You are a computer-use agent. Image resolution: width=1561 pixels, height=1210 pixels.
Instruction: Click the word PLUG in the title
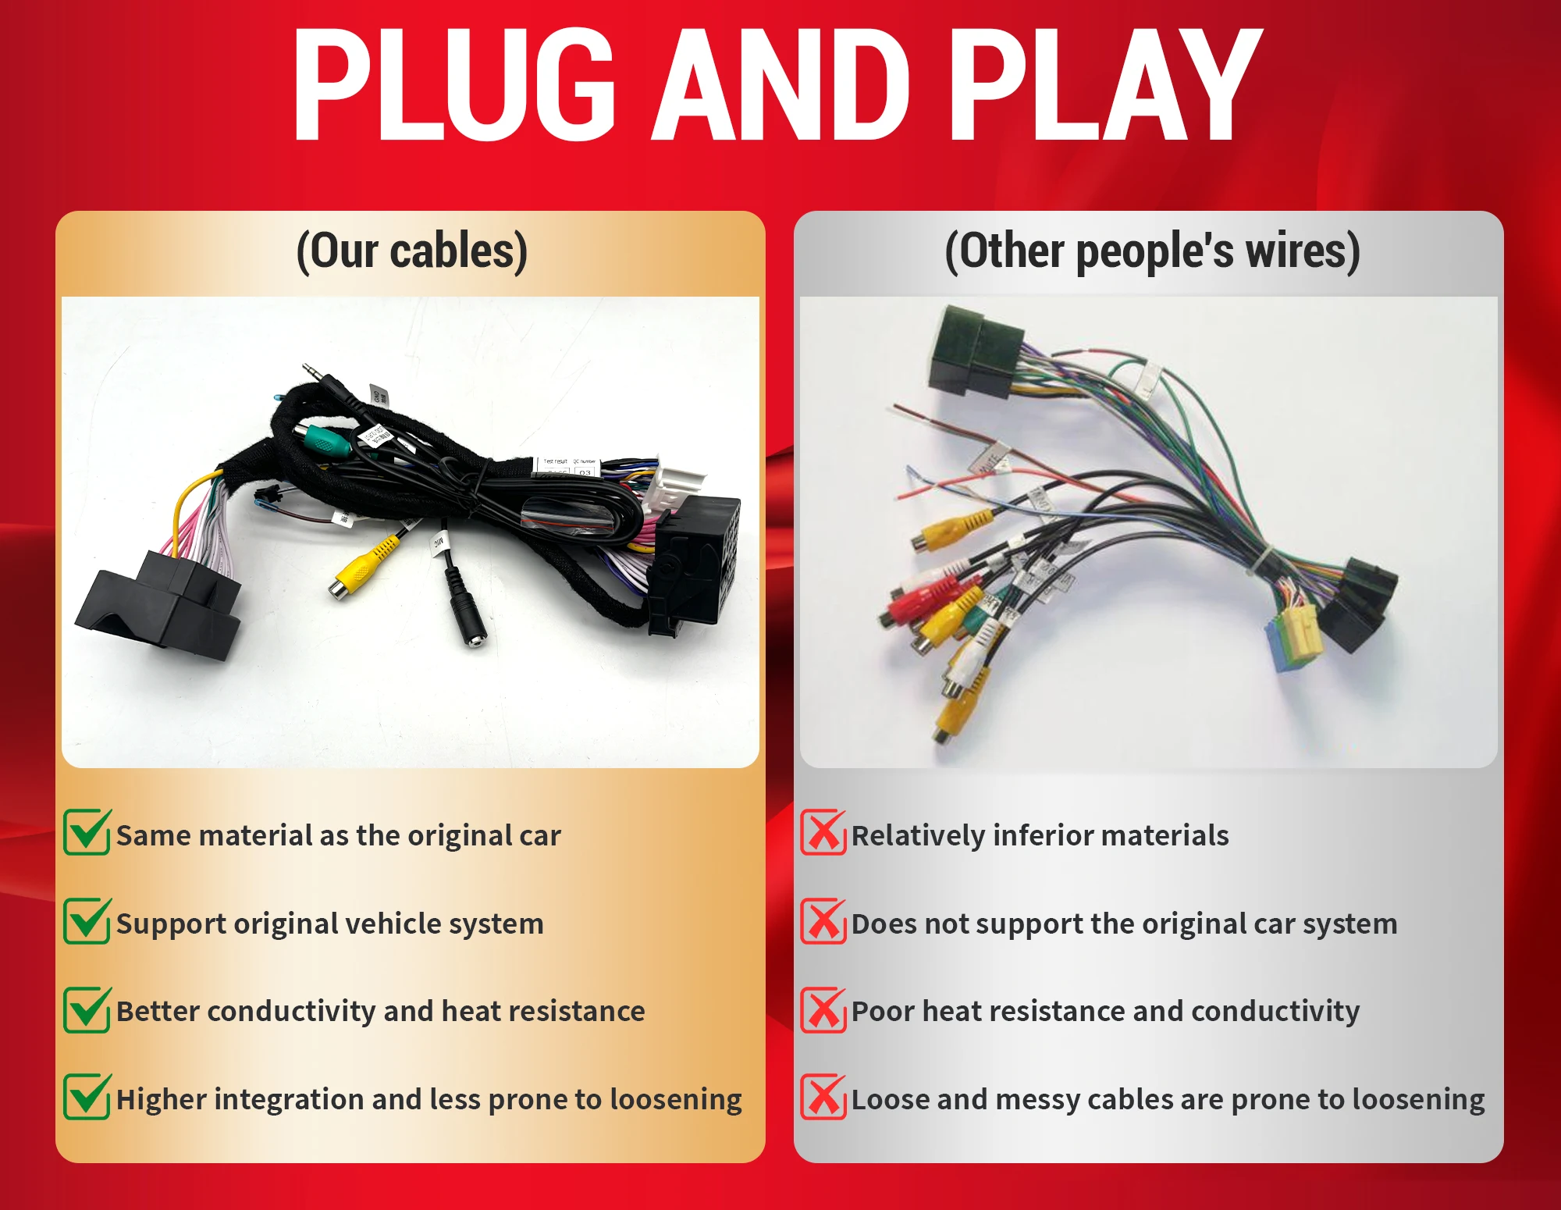[x=453, y=86]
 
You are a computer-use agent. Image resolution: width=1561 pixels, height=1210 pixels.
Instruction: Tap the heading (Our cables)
[x=411, y=251]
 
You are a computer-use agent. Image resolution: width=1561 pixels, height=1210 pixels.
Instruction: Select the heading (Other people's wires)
[x=1152, y=251]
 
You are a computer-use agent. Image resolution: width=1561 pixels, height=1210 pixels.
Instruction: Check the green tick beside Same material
[x=87, y=833]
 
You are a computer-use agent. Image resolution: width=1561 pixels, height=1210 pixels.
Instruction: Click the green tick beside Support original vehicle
[x=87, y=921]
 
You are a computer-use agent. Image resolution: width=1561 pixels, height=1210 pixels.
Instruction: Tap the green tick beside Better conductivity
[x=87, y=1009]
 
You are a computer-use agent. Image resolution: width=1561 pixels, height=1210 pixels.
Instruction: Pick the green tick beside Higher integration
[x=87, y=1097]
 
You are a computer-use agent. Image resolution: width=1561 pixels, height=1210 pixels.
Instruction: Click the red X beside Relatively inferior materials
[x=823, y=833]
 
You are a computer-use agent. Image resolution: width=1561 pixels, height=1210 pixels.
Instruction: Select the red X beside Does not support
[x=823, y=921]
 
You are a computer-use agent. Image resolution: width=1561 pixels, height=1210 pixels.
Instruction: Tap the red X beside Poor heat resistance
[x=823, y=1009]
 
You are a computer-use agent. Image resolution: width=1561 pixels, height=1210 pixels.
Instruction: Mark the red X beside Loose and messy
[x=823, y=1098]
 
